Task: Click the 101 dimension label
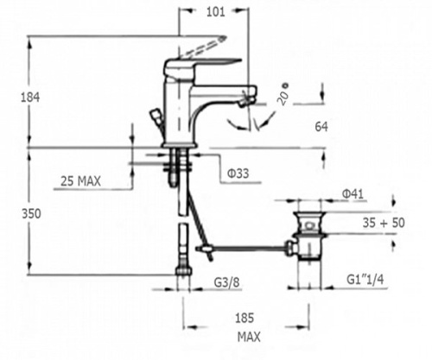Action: tap(215, 12)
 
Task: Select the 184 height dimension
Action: tap(30, 98)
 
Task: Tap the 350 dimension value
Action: tap(31, 214)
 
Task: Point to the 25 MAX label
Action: tap(80, 181)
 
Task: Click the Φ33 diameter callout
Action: tap(238, 174)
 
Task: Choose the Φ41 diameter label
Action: tap(353, 194)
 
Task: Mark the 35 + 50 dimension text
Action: tap(384, 223)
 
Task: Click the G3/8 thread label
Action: tap(226, 282)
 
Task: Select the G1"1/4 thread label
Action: tap(365, 280)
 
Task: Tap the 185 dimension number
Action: tap(245, 319)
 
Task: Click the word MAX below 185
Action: tap(249, 337)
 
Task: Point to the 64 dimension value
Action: tap(321, 127)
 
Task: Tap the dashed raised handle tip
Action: tap(223, 38)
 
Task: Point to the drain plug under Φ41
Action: tap(309, 224)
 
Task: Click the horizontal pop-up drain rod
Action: tap(249, 248)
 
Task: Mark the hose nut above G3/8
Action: tap(183, 271)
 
